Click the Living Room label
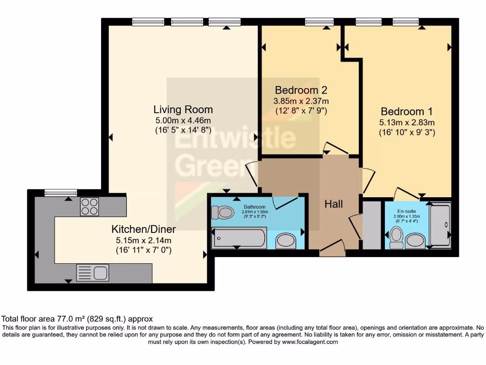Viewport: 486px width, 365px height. tap(183, 109)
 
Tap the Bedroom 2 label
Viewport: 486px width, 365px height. tap(301, 90)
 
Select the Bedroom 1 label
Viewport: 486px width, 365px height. tap(407, 112)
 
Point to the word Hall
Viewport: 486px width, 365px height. tap(334, 204)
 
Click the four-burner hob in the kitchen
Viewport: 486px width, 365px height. tap(89, 206)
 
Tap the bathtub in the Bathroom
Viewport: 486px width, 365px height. tap(239, 237)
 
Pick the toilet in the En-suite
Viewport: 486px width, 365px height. tap(396, 237)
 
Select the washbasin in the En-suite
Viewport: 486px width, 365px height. tap(416, 240)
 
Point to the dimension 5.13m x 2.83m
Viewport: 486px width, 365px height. tap(407, 123)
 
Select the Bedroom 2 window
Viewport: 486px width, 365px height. tap(319, 21)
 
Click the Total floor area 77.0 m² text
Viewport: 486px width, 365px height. tap(77, 319)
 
